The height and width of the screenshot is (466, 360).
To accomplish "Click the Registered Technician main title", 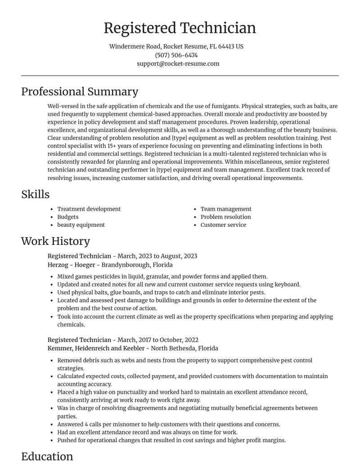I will [180, 28].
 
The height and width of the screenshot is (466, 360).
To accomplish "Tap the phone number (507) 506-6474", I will [176, 55].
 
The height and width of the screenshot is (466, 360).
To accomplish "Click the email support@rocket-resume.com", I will [178, 63].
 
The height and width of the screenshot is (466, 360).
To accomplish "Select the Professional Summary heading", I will [80, 91].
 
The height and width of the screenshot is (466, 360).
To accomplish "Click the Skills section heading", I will [35, 194].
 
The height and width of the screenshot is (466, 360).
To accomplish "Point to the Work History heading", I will [55, 241].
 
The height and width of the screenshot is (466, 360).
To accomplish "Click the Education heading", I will [47, 456].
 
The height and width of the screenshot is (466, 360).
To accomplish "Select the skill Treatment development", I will [89, 209].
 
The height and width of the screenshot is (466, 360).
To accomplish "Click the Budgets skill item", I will [67, 217].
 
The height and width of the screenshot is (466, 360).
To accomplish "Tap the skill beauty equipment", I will [81, 225].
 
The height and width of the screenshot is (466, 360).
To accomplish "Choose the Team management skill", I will [226, 209].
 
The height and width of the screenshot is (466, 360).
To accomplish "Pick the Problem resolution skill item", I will [225, 217].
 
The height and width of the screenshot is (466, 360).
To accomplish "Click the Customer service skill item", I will [223, 225].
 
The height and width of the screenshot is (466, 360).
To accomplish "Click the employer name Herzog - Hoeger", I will [71, 265].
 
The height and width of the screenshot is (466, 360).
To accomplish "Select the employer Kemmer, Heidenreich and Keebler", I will [96, 348].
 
